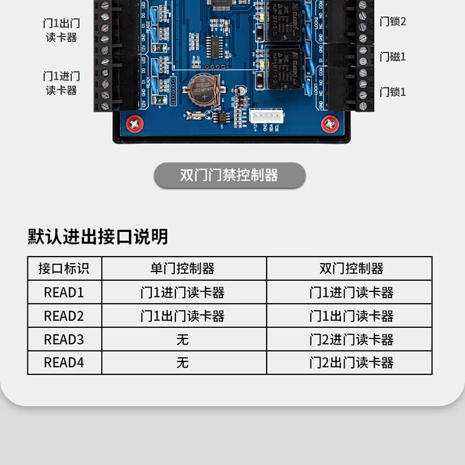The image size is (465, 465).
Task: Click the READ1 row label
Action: coord(64,293)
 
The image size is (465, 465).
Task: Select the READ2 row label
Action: coord(64,316)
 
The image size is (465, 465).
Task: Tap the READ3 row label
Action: coord(64,340)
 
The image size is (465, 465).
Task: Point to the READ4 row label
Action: coord(64,363)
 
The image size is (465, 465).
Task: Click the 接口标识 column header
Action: coord(64,268)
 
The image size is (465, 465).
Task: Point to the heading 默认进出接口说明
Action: coord(98,236)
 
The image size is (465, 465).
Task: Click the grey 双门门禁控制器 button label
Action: coord(229,175)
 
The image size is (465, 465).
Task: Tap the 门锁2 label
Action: coord(392,22)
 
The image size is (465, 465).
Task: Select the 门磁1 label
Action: coord(392,57)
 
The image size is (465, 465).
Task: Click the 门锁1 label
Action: coord(392,92)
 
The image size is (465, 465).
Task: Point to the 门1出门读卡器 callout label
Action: coord(61,30)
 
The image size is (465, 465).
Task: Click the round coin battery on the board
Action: coord(201,87)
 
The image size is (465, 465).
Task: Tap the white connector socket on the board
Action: coord(266,117)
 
